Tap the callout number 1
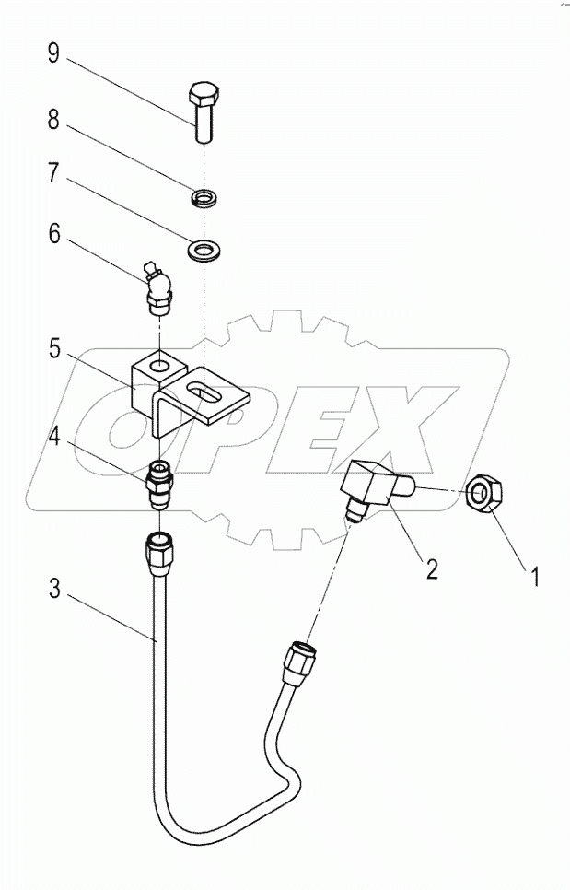coord(532,579)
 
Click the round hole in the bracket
coord(159,368)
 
